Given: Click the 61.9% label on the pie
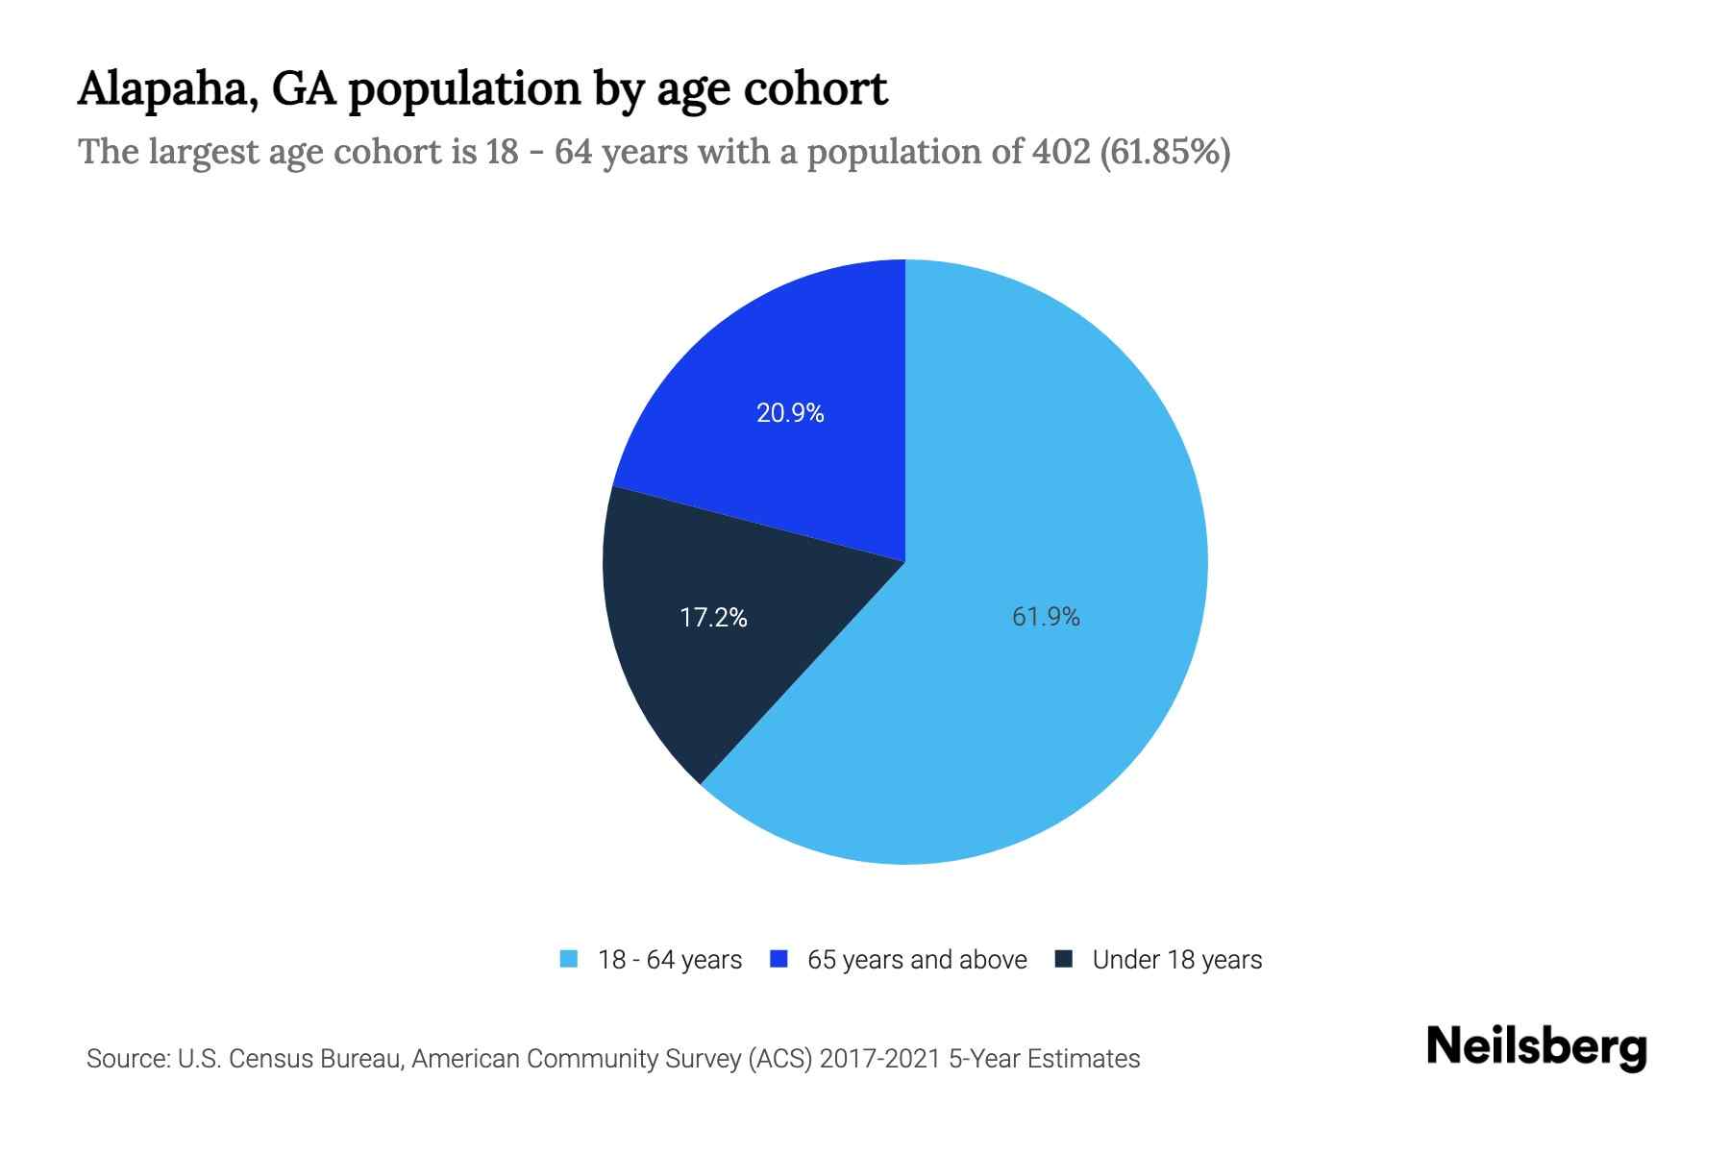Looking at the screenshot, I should point(1046,617).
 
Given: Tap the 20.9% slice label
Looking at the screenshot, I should point(790,413).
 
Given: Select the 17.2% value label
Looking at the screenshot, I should point(713,617).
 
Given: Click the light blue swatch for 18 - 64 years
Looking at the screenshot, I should point(569,959).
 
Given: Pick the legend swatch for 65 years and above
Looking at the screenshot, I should point(779,959).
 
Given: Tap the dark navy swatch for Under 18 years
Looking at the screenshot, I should point(1064,959).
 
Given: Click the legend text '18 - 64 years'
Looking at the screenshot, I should point(670,960).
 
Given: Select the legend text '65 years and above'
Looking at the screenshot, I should point(917,960).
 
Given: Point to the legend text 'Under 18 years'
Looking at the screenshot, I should point(1177,960).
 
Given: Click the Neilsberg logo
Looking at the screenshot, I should point(1537,1047).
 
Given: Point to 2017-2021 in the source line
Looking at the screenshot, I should point(880,1059).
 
